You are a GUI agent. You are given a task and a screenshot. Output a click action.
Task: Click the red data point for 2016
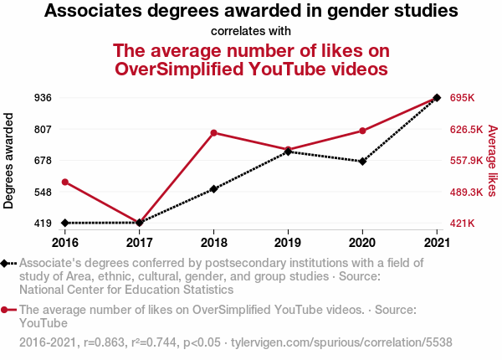tap(65, 183)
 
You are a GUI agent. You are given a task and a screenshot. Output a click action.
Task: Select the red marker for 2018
tap(214, 133)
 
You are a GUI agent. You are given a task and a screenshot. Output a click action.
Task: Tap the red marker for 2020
tap(362, 131)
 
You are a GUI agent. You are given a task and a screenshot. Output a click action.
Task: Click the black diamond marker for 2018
tap(214, 189)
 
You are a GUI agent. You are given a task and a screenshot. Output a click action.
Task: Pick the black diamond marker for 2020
tap(362, 162)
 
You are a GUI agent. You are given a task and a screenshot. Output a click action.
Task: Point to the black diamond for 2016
tap(65, 223)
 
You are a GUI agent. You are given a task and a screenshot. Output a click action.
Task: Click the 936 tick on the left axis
tap(44, 98)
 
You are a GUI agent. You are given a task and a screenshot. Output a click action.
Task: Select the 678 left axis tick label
tap(44, 161)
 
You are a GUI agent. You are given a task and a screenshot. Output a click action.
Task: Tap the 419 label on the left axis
tap(44, 224)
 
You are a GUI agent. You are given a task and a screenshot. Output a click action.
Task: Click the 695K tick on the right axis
tap(462, 98)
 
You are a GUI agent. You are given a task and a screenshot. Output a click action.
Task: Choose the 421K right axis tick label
tap(462, 224)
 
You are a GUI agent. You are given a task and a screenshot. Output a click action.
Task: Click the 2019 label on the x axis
tap(288, 243)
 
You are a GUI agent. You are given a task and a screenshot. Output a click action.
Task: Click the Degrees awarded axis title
tap(9, 161)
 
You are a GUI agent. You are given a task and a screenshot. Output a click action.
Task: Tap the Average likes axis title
tap(492, 161)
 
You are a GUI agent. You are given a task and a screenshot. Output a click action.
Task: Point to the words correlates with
tap(251, 32)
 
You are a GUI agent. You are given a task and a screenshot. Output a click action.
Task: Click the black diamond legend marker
tap(6, 263)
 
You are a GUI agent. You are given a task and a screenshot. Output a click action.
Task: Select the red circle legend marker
tap(6, 310)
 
